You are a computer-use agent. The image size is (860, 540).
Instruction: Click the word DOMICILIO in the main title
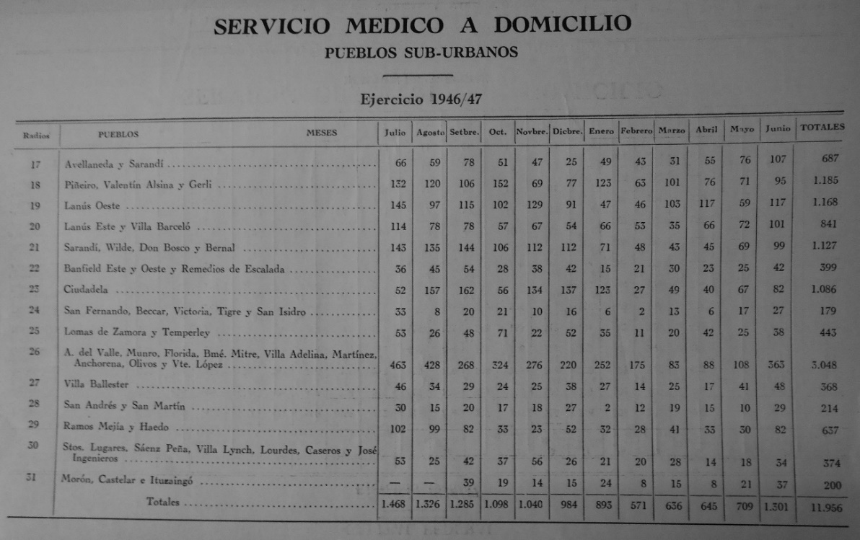pos(562,25)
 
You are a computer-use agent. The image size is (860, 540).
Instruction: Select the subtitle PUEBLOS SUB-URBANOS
pos(421,53)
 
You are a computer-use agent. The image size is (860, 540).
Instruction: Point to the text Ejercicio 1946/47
pos(421,99)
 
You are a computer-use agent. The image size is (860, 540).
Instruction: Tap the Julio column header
pos(395,132)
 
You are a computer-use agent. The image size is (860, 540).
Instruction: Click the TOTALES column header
pos(822,128)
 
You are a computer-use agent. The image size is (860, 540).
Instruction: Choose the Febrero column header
pos(636,131)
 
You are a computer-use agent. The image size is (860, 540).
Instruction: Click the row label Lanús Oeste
pos(92,206)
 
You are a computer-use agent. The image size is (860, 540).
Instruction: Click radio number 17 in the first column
pos(36,164)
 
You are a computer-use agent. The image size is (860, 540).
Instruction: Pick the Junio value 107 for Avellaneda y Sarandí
pos(778,159)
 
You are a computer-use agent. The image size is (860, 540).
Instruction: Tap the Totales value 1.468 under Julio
pos(395,505)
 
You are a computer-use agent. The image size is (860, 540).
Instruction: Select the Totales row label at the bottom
pos(163,502)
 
